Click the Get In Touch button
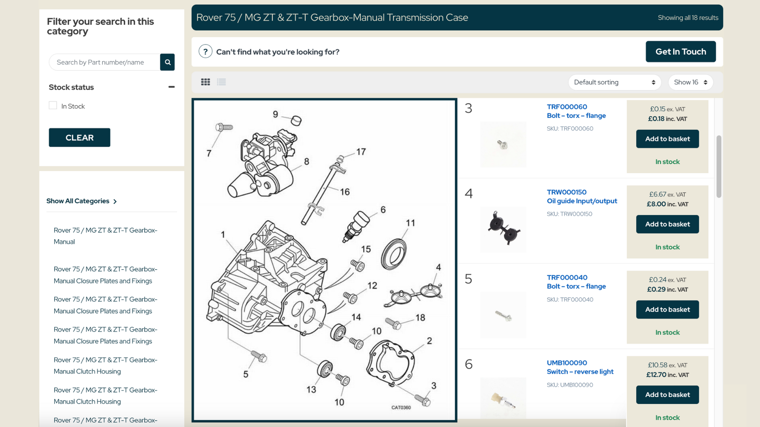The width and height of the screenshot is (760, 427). click(680, 52)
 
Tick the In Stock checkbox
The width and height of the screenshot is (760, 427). click(53, 106)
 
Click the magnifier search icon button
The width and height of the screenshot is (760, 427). click(167, 62)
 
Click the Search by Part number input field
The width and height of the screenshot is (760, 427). click(104, 62)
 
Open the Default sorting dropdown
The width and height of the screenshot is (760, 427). click(614, 82)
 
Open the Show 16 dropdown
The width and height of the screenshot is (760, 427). click(690, 82)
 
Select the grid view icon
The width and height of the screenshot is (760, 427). click(205, 82)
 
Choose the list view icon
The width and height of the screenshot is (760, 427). click(221, 82)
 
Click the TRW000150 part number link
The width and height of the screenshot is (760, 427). click(566, 192)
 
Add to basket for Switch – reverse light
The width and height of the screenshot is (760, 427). click(667, 395)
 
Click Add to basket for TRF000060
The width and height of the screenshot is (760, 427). click(667, 139)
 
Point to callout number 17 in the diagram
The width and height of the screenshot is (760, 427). click(361, 152)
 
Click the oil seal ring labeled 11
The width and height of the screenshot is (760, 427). click(393, 254)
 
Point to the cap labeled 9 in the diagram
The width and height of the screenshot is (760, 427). click(296, 121)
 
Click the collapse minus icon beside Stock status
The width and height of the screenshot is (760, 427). click(171, 87)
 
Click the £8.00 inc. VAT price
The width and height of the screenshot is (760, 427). click(667, 204)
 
